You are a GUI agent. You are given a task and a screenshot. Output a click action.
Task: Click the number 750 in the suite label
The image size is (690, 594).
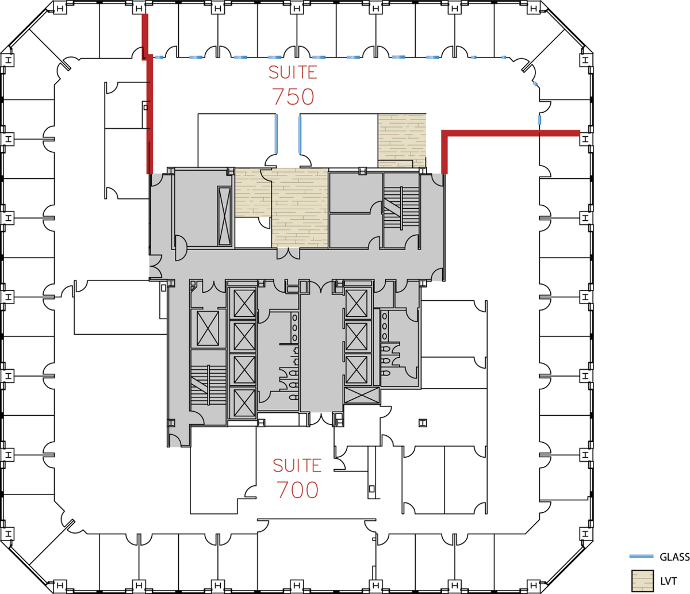pos(293,97)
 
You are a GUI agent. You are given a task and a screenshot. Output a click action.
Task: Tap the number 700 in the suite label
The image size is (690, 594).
pos(297,490)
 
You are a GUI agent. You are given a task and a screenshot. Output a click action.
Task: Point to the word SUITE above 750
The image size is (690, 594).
pos(293,72)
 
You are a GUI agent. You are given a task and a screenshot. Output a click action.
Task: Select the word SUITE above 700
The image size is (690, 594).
pos(297,466)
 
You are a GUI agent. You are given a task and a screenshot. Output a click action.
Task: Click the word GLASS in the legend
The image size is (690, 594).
pos(674,557)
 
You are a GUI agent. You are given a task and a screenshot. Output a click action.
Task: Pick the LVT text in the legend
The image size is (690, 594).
pos(669,581)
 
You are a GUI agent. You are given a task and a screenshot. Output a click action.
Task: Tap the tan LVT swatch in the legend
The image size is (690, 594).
pos(642,581)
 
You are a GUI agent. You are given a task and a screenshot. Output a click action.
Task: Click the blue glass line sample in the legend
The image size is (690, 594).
pos(641,556)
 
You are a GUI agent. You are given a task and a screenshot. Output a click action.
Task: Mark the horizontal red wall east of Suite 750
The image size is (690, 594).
pos(511,133)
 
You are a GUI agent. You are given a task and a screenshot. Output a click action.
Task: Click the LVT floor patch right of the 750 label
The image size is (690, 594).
pos(402,140)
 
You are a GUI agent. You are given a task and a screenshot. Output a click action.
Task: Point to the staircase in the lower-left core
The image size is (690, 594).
pos(208,385)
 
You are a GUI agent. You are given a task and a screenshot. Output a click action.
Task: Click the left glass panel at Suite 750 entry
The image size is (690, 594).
pos(276,134)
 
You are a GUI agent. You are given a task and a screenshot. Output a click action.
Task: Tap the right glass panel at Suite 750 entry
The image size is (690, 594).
pos(300,135)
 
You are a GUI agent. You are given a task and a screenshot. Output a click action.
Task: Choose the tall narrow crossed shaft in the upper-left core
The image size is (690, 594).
pos(224,216)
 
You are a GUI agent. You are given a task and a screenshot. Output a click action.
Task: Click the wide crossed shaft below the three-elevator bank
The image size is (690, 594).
pos(362,396)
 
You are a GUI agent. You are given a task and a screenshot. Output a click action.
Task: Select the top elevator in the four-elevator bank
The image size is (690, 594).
pos(244,303)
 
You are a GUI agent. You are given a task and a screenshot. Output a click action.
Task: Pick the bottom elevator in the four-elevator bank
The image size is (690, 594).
pos(244,403)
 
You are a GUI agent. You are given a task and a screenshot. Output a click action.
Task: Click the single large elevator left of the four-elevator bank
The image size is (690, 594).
pos(208,328)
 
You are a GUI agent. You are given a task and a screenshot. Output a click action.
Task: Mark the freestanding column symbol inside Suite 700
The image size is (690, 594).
pos(423,423)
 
